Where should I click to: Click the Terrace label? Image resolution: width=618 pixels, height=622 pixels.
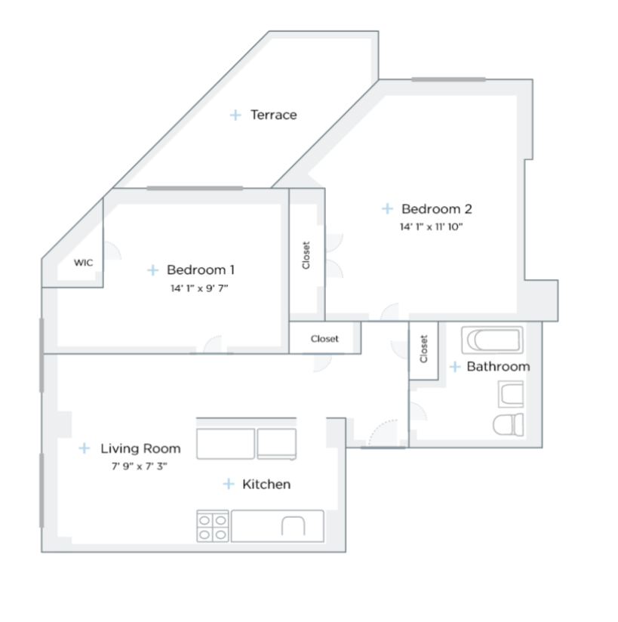pos(273,115)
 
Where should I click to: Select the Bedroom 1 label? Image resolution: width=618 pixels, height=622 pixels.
pos(201,269)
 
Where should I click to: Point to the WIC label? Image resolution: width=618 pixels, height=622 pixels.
pos(83,263)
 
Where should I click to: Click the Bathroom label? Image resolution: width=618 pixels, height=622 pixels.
pos(498,367)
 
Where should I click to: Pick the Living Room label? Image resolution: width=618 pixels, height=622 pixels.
pos(140,448)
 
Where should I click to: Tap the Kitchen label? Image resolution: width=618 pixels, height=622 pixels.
pos(266,484)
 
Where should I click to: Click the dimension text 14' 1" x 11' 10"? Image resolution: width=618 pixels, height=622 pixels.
pos(431,226)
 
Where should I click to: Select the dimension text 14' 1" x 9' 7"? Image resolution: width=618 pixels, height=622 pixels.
pos(199,288)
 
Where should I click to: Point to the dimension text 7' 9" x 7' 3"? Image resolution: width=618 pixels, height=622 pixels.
pos(140,466)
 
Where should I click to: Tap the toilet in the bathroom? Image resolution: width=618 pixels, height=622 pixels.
pos(509,423)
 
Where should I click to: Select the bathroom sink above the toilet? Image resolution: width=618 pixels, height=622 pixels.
pos(511,393)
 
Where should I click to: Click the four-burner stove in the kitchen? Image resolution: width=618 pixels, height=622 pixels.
pos(213,526)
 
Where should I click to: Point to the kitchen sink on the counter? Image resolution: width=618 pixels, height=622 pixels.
pos(293,526)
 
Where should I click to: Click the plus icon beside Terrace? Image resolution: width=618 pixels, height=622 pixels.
pos(235,115)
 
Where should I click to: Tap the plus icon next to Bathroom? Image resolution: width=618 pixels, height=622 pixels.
pos(455,367)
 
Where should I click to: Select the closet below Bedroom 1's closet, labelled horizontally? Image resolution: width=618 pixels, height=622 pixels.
pos(324,339)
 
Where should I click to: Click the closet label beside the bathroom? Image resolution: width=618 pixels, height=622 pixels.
pos(423,349)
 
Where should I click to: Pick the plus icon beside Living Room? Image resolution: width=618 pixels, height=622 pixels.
pos(85,448)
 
